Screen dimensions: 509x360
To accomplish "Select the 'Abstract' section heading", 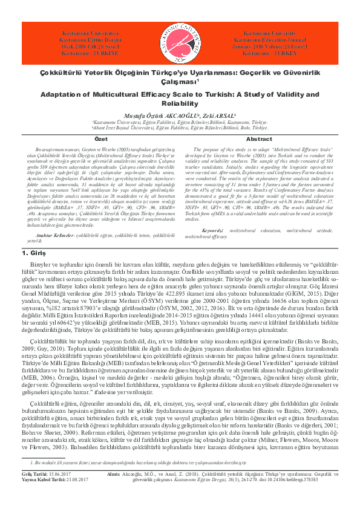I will coord(259,139).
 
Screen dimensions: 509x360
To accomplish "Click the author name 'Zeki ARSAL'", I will coord(215,115).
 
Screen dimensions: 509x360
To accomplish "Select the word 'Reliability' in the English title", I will coord(180,104).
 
